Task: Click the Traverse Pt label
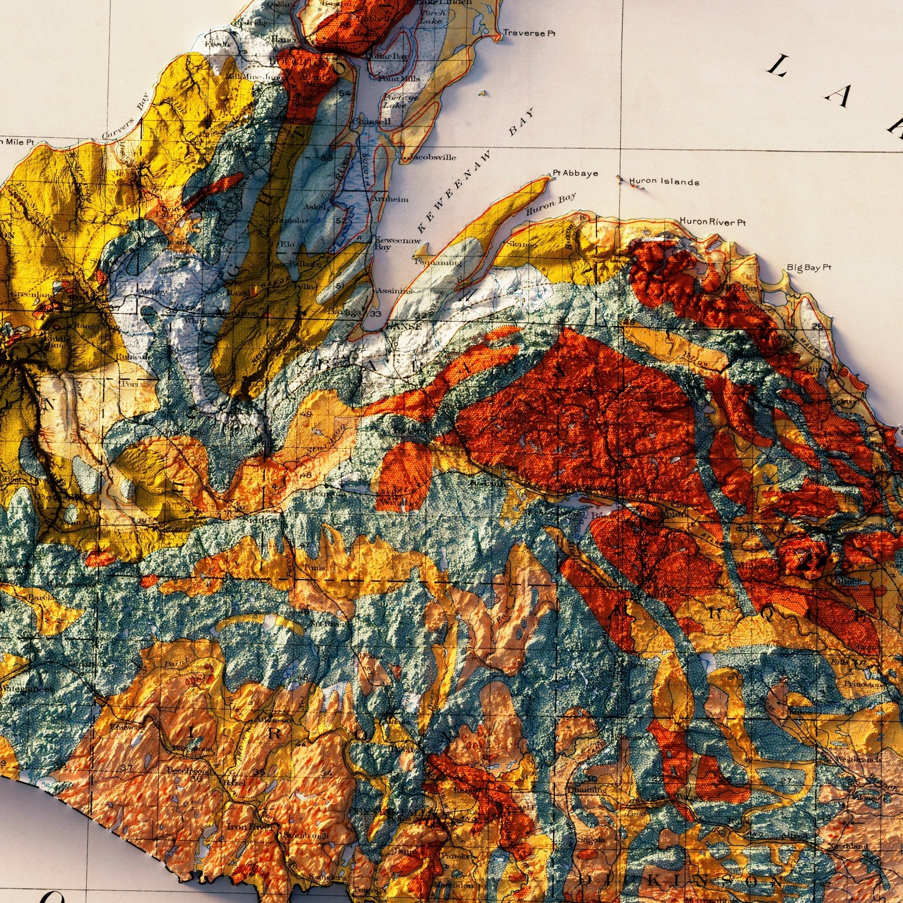tap(526, 34)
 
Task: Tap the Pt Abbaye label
tap(575, 173)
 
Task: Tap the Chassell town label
tap(371, 122)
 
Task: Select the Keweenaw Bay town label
tap(397, 243)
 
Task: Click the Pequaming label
tap(437, 263)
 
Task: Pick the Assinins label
tap(395, 291)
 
